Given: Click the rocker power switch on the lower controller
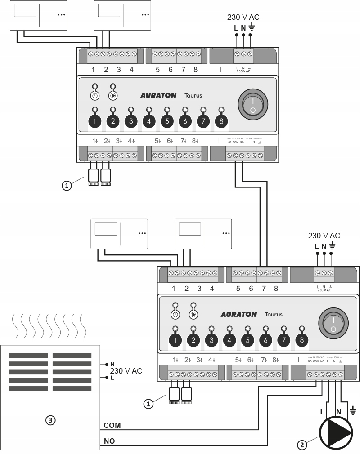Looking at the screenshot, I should tap(333, 324).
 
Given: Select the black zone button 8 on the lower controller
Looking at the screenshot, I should tap(301, 340).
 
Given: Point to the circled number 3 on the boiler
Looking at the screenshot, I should tap(51, 420).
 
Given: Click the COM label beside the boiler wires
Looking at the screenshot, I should tap(112, 425).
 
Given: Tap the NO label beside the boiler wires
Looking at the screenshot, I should tap(109, 441).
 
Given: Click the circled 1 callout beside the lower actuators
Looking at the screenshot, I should tap(148, 404).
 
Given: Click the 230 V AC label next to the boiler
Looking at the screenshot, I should tap(126, 371).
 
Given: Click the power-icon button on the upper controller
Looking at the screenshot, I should tap(95, 96).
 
